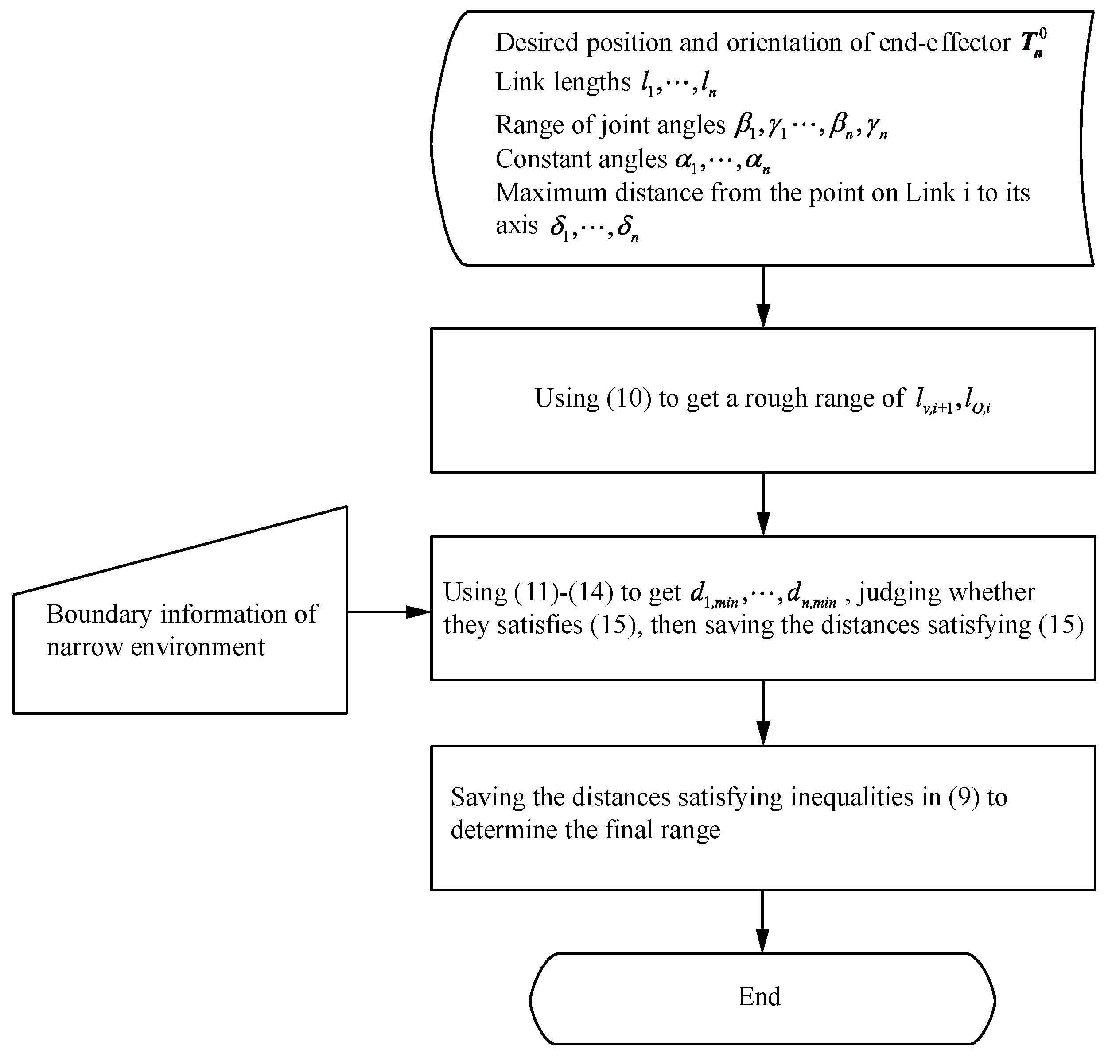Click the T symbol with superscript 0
click(1033, 43)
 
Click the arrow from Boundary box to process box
click(389, 612)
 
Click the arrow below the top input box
click(762, 296)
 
